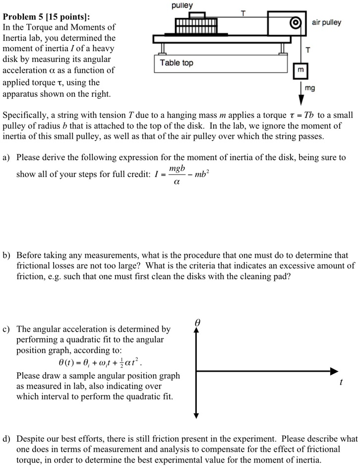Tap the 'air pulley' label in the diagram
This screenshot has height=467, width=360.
click(326, 23)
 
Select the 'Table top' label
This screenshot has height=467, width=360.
click(177, 63)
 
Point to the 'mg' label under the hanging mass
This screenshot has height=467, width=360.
click(310, 88)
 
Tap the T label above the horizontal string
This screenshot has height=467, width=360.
click(242, 13)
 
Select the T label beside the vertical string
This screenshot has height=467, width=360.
click(308, 50)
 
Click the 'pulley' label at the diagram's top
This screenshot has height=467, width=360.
click(182, 5)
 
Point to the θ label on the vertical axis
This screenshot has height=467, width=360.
click(197, 322)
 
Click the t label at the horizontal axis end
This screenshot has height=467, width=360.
click(341, 382)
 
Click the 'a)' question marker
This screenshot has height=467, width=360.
click(6, 158)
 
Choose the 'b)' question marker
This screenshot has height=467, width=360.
click(6, 256)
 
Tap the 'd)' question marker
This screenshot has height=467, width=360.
click(6, 439)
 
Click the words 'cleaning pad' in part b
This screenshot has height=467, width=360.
click(266, 277)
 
